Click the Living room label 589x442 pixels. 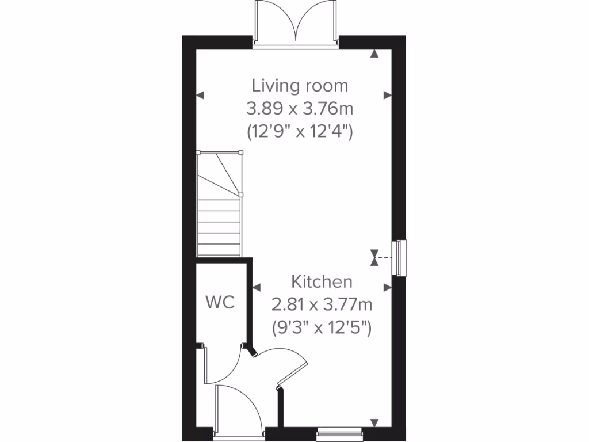coord(300,86)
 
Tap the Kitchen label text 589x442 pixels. coord(321,282)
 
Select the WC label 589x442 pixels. coord(221,303)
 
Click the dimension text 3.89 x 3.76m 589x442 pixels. coord(300,109)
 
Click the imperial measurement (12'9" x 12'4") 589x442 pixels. coord(300,132)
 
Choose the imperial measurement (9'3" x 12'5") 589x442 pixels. coord(322,328)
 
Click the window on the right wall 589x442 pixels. coord(399,258)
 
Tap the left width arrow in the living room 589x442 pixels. coord(200,96)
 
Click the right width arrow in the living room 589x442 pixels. coord(388,95)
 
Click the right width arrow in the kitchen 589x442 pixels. coord(388,286)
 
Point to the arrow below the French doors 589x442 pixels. coord(375,55)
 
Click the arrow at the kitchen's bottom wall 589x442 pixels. coord(375,423)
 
